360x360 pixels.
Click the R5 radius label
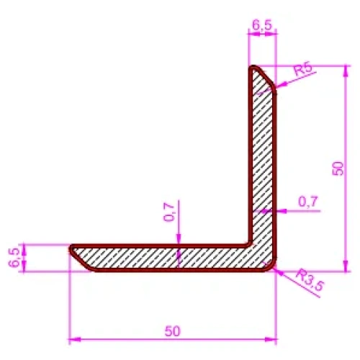tap(303, 69)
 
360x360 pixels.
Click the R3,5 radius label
tap(310, 280)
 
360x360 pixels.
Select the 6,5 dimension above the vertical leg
tap(262, 25)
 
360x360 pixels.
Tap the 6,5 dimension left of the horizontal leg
tap(14, 258)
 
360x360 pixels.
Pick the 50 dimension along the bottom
tap(172, 331)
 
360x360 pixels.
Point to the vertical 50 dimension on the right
tap(338, 168)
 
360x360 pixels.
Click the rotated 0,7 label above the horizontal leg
tap(168, 212)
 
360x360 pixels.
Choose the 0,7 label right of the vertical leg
tap(308, 202)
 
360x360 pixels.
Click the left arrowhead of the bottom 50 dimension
tap(74, 340)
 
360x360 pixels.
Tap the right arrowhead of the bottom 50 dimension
tap(271, 340)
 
